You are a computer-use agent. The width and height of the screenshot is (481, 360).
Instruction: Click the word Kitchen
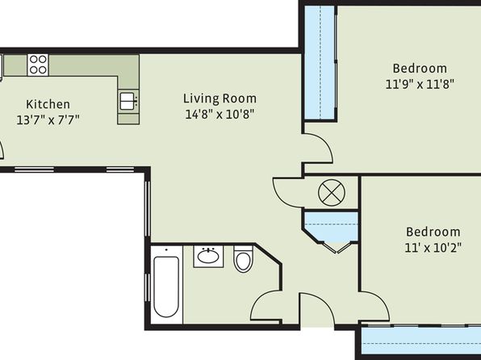48,104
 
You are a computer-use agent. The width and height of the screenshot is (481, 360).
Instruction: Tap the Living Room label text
220,98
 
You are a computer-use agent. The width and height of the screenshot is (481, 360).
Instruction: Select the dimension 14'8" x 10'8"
220,115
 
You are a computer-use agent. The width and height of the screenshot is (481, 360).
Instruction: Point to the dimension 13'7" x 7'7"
48,119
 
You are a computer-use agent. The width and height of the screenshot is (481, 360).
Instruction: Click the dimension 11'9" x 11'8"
420,84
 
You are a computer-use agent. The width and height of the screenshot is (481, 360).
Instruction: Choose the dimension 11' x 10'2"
433,247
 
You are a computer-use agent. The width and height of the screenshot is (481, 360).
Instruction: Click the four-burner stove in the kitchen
38,65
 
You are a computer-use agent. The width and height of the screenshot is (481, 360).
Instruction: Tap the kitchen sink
128,101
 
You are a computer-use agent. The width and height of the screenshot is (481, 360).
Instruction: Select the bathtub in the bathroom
166,287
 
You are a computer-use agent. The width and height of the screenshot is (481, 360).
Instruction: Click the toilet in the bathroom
243,259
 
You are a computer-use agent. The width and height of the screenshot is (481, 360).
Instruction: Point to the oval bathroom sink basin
208,256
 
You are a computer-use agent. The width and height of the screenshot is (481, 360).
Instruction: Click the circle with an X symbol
332,193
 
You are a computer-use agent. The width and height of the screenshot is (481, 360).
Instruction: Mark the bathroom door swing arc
258,299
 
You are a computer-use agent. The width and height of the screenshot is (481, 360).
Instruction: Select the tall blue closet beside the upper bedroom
320,62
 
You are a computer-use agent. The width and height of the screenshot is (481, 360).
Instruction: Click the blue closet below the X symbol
331,228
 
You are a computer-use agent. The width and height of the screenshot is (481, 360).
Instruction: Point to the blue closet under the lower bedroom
421,341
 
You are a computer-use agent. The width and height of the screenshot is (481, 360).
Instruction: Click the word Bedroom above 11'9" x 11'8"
420,68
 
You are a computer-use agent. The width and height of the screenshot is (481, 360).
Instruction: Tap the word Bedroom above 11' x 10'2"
433,232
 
